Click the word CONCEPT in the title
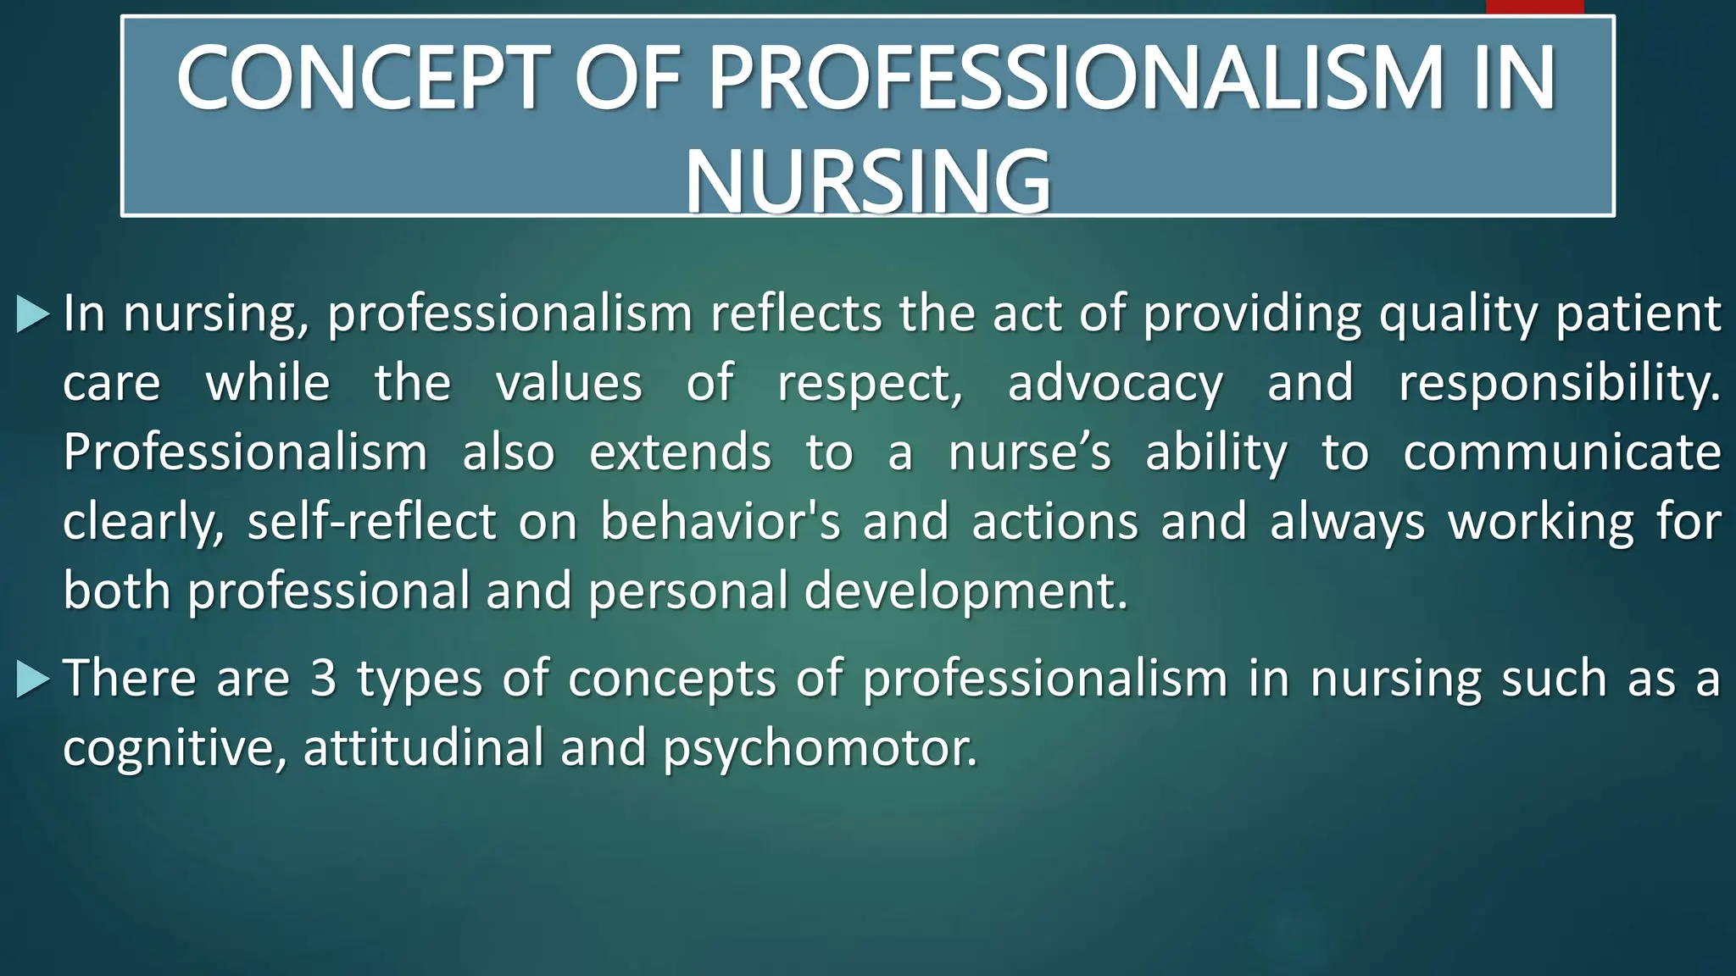363,78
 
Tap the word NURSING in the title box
868,180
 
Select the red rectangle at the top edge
1534,7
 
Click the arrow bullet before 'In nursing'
33,314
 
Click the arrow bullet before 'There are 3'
33,679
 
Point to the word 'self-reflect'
371,521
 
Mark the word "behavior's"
720,521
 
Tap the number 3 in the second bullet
323,679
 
